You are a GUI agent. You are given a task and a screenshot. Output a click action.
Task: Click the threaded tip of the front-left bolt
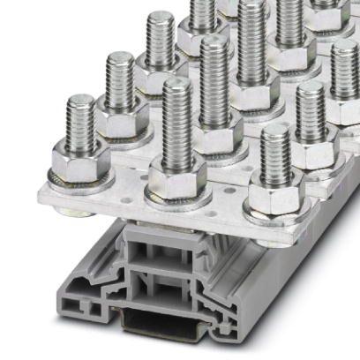click(81, 104)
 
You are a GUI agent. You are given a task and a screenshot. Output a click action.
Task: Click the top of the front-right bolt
click(276, 132)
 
